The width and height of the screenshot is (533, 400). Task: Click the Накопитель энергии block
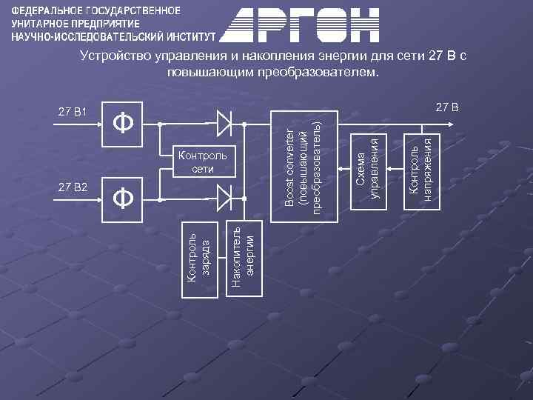pos(243,256)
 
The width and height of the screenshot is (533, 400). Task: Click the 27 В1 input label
pos(73,112)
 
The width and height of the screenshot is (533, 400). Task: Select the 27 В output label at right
pos(446,108)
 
